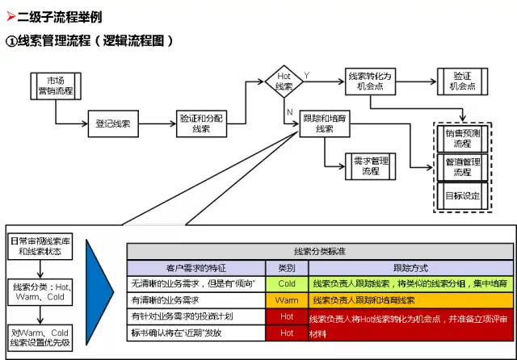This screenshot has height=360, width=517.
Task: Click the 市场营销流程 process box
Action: [57, 87]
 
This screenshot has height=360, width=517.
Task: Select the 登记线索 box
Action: [113, 125]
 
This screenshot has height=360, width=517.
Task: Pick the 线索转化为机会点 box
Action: [370, 82]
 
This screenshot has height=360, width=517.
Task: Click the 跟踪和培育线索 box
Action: [324, 123]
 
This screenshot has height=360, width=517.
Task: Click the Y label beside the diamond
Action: [306, 74]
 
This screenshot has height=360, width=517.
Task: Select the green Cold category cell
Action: [287, 283]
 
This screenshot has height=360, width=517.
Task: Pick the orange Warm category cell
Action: [287, 299]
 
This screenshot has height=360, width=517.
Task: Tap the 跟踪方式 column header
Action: [410, 267]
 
